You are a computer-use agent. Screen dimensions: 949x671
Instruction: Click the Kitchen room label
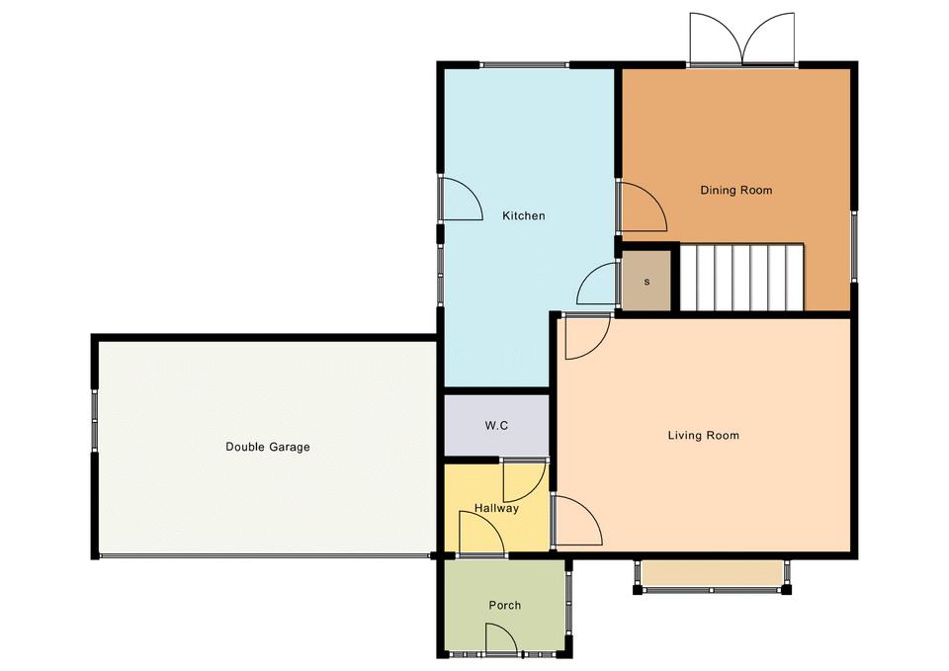tap(524, 215)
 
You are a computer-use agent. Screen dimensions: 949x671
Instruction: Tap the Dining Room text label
tap(735, 190)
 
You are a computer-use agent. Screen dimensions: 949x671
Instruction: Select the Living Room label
tap(703, 435)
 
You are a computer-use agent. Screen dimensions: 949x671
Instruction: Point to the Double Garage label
tap(268, 447)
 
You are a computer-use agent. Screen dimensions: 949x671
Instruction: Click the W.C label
tap(496, 425)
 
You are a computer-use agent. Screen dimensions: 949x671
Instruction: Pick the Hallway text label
tap(496, 508)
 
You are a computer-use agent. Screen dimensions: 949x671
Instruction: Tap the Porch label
tap(505, 605)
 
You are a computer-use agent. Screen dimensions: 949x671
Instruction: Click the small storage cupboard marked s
tap(647, 282)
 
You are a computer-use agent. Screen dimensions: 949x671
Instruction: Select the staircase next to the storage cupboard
tap(742, 277)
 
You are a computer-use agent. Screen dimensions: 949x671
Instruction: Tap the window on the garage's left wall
tap(95, 421)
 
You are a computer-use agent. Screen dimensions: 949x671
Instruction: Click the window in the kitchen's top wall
tap(525, 65)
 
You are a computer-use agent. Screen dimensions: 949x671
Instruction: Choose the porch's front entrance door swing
tap(500, 639)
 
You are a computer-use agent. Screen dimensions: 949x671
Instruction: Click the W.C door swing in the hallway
tap(525, 481)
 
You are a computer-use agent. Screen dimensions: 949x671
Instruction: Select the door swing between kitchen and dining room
tap(643, 207)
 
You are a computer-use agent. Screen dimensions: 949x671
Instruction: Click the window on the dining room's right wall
tap(854, 246)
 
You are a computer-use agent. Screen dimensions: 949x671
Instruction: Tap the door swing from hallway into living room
tap(578, 521)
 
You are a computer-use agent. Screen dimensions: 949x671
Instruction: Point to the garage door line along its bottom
tap(265, 554)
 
